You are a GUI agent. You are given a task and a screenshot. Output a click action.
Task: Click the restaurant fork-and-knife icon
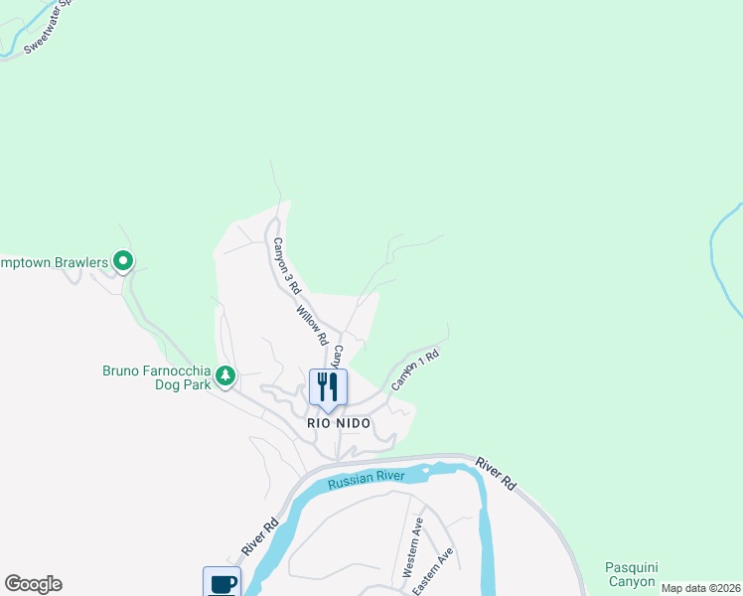point(329,386)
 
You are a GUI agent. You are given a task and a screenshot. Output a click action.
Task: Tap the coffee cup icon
point(222,583)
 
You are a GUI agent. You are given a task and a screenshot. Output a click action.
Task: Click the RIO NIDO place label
point(338,423)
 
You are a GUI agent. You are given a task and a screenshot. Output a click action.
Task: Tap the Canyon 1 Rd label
point(414,368)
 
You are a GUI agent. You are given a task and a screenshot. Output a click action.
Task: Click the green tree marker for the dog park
point(226,375)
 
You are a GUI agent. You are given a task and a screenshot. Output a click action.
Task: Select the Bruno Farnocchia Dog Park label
point(157,377)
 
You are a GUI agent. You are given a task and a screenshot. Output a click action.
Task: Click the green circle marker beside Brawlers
point(123,261)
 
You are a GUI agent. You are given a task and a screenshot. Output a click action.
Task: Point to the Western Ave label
point(413,548)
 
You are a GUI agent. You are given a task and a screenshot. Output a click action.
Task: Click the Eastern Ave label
point(433,572)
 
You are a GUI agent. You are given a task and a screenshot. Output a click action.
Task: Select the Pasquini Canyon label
point(631,574)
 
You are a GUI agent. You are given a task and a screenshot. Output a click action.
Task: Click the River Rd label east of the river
point(496,474)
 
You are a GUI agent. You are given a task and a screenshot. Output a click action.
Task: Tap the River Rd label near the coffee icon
point(256,535)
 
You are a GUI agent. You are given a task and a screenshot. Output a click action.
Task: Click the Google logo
point(33,584)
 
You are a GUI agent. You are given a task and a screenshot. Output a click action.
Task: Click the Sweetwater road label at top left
point(50,24)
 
